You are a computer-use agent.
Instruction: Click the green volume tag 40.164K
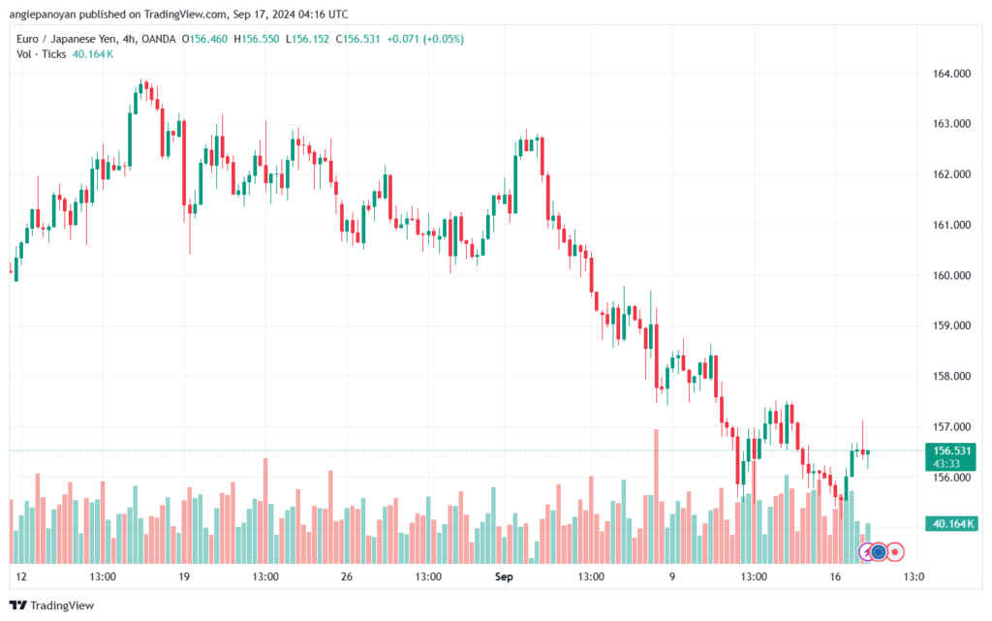(953, 523)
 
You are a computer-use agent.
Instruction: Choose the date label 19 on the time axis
(184, 575)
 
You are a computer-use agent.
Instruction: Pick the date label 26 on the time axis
(346, 575)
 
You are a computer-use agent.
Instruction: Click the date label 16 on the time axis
(835, 575)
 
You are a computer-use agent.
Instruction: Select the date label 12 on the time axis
(21, 575)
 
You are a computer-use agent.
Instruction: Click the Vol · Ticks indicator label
(42, 54)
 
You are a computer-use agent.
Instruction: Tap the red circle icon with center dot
(896, 551)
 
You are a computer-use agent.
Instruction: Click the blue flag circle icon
(879, 551)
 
